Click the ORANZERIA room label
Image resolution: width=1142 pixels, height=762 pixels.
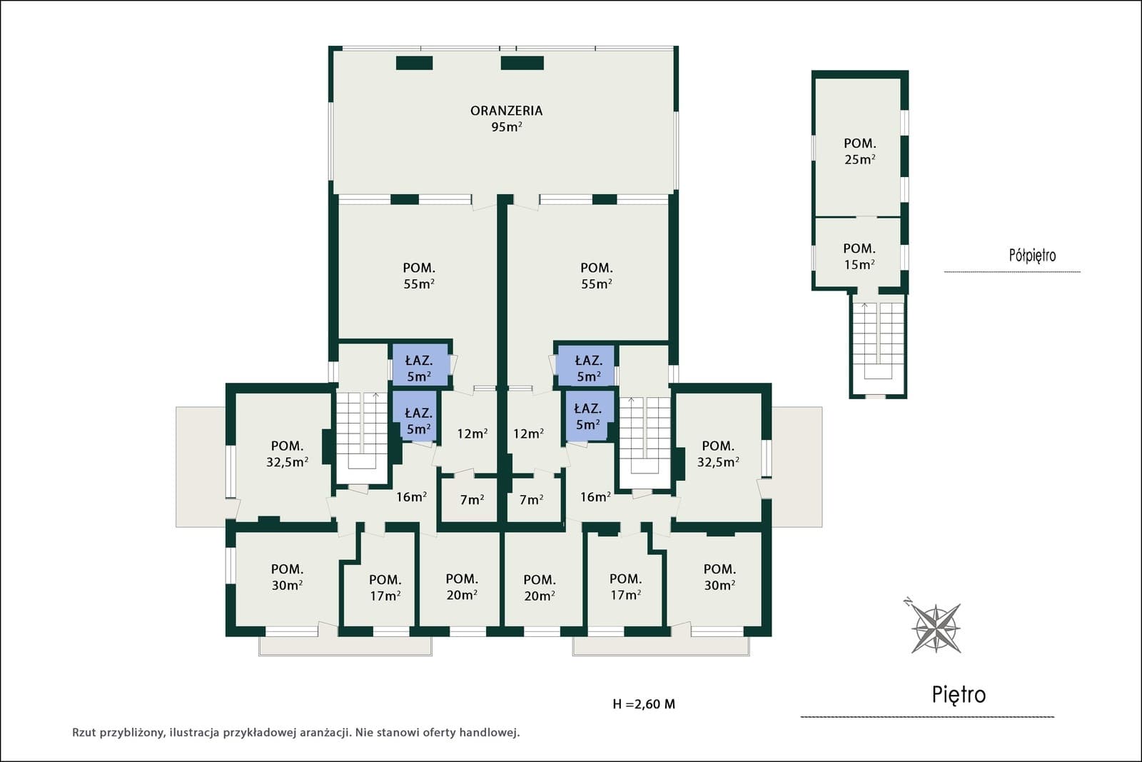(x=506, y=111)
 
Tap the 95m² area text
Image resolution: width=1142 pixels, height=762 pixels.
(x=506, y=127)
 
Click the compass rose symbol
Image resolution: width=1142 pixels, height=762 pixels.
(x=936, y=627)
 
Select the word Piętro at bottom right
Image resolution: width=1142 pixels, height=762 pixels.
(x=959, y=695)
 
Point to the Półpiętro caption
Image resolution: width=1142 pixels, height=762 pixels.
(x=1032, y=255)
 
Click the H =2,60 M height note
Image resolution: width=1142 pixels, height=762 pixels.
(x=644, y=704)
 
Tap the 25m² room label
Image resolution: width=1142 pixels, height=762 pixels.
(x=860, y=160)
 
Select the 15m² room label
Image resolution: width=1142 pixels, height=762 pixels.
(x=859, y=265)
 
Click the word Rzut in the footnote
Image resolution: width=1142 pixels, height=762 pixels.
(x=84, y=733)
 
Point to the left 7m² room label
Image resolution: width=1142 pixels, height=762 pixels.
(x=472, y=500)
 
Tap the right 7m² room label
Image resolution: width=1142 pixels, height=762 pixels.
(x=531, y=500)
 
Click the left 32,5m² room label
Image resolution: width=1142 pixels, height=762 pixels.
(x=287, y=462)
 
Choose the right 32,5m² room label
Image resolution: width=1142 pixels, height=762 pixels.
(x=718, y=461)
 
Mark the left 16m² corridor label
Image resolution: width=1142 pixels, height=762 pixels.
(x=411, y=497)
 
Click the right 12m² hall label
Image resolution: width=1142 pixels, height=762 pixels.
(x=528, y=433)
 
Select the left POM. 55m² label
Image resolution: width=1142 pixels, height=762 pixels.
(x=419, y=276)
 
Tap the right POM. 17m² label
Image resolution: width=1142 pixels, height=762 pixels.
(x=625, y=587)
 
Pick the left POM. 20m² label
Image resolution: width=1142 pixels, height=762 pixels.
(x=462, y=587)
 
